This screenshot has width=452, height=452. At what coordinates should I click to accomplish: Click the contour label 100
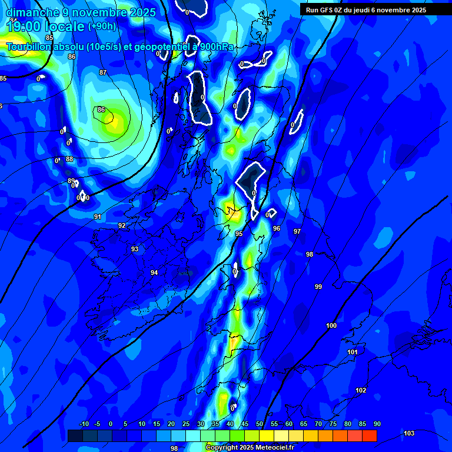331,325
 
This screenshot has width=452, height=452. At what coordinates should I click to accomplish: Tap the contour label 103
409,433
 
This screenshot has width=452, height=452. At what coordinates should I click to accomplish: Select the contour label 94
154,272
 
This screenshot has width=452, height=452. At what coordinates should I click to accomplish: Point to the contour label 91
98,217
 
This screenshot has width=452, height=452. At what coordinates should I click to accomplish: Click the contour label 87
103,72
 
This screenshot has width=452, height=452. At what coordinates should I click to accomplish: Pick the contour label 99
318,287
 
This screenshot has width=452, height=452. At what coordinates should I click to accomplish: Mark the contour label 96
277,228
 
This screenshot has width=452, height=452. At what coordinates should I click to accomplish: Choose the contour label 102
361,390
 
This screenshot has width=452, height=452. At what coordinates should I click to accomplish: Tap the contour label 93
135,249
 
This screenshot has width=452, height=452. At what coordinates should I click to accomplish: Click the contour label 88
69,159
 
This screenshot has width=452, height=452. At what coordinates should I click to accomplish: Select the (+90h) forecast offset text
102,26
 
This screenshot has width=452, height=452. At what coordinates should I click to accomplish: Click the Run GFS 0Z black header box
375,9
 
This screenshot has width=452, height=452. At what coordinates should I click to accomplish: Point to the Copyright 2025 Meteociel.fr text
250,447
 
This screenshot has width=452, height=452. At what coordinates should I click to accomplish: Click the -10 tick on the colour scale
83,424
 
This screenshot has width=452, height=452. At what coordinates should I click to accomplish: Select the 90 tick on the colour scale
377,424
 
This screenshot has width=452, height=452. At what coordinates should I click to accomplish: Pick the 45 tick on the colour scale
245,424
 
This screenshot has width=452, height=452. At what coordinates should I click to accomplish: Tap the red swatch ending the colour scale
369,436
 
